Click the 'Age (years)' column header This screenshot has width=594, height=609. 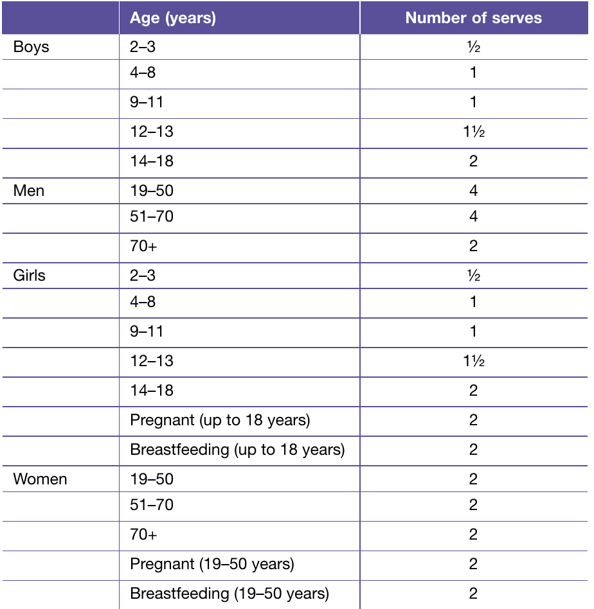coord(172,18)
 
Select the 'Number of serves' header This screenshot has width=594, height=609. coord(474,18)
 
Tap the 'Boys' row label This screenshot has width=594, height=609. coord(31,47)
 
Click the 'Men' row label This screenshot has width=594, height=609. coord(29,191)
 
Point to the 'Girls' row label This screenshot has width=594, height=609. coord(29,276)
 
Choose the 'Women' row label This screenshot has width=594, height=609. coord(40,479)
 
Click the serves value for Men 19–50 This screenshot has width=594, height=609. coord(473,191)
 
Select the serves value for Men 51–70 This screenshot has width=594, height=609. coord(473,216)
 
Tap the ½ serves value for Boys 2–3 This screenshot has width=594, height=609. coord(474,47)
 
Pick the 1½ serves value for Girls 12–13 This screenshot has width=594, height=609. coord(474,361)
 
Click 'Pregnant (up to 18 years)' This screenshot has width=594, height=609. coord(220,420)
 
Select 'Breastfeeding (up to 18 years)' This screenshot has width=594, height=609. coord(237,450)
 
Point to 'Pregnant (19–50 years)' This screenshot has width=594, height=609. coord(212,564)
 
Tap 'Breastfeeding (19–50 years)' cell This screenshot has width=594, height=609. coord(230,594)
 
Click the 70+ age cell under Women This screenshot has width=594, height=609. coord(143,534)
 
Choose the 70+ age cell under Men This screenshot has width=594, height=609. coord(143,246)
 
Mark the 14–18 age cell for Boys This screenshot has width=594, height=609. coord(152,161)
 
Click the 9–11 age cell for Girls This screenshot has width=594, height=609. coord(147,331)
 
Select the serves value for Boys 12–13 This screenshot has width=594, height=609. coord(474,132)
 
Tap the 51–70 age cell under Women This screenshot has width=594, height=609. coord(152,505)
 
